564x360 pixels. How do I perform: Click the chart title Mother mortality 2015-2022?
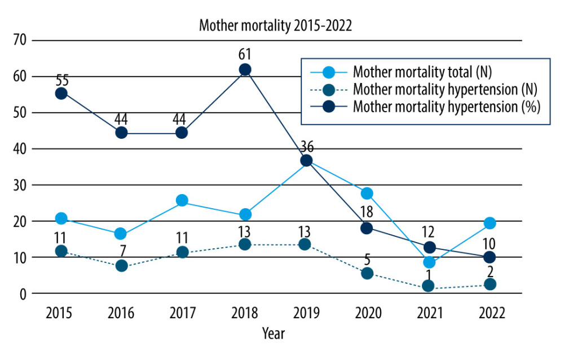click(276, 25)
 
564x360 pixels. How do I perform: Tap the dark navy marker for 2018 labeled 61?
click(245, 69)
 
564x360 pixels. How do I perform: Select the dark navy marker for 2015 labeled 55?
click(61, 93)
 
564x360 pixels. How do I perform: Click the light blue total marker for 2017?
click(182, 200)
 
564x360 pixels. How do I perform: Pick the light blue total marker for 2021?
click(429, 262)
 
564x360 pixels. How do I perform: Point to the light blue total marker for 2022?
click(490, 223)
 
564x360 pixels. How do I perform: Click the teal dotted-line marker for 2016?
click(121, 265)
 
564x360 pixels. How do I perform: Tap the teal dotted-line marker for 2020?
click(367, 273)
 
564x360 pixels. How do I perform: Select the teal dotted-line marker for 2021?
click(429, 286)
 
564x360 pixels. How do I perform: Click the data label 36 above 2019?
click(307, 148)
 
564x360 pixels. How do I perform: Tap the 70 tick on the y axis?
click(20, 41)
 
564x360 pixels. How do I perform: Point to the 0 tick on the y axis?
click(23, 294)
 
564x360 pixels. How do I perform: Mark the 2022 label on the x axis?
click(490, 313)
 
